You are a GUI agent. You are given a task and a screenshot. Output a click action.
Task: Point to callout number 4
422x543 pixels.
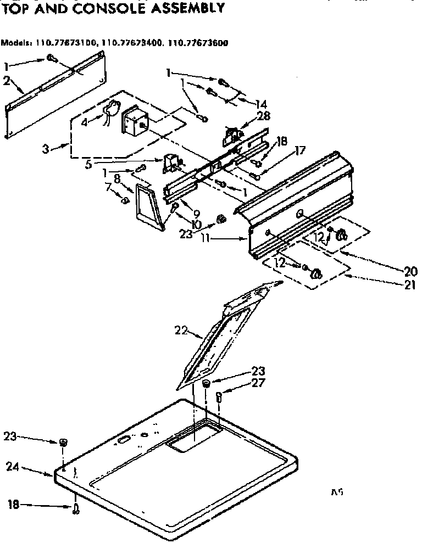tap(84, 123)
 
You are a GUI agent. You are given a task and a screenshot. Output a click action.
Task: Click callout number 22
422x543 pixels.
tap(181, 331)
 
